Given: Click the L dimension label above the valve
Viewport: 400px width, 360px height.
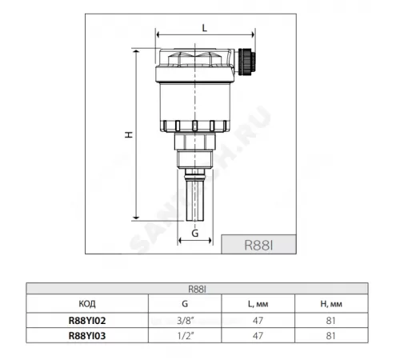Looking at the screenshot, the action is coord(204,28).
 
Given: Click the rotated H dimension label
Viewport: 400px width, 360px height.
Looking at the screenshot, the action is coord(129,134).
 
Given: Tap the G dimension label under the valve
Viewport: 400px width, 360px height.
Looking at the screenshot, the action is coord(195,234).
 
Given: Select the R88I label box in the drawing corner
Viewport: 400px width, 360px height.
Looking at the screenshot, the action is coord(258,244).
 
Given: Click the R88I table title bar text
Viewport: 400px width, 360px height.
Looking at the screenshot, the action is coord(197,290).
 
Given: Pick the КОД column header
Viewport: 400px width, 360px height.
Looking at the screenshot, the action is coord(87,304).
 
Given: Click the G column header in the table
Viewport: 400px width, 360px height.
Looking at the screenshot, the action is coord(185,303).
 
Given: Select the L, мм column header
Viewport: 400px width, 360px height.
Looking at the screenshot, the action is coord(258,304).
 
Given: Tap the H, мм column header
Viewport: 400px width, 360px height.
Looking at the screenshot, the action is coord(331,304).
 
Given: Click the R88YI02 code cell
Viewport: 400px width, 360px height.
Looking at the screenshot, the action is coord(87,321).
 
